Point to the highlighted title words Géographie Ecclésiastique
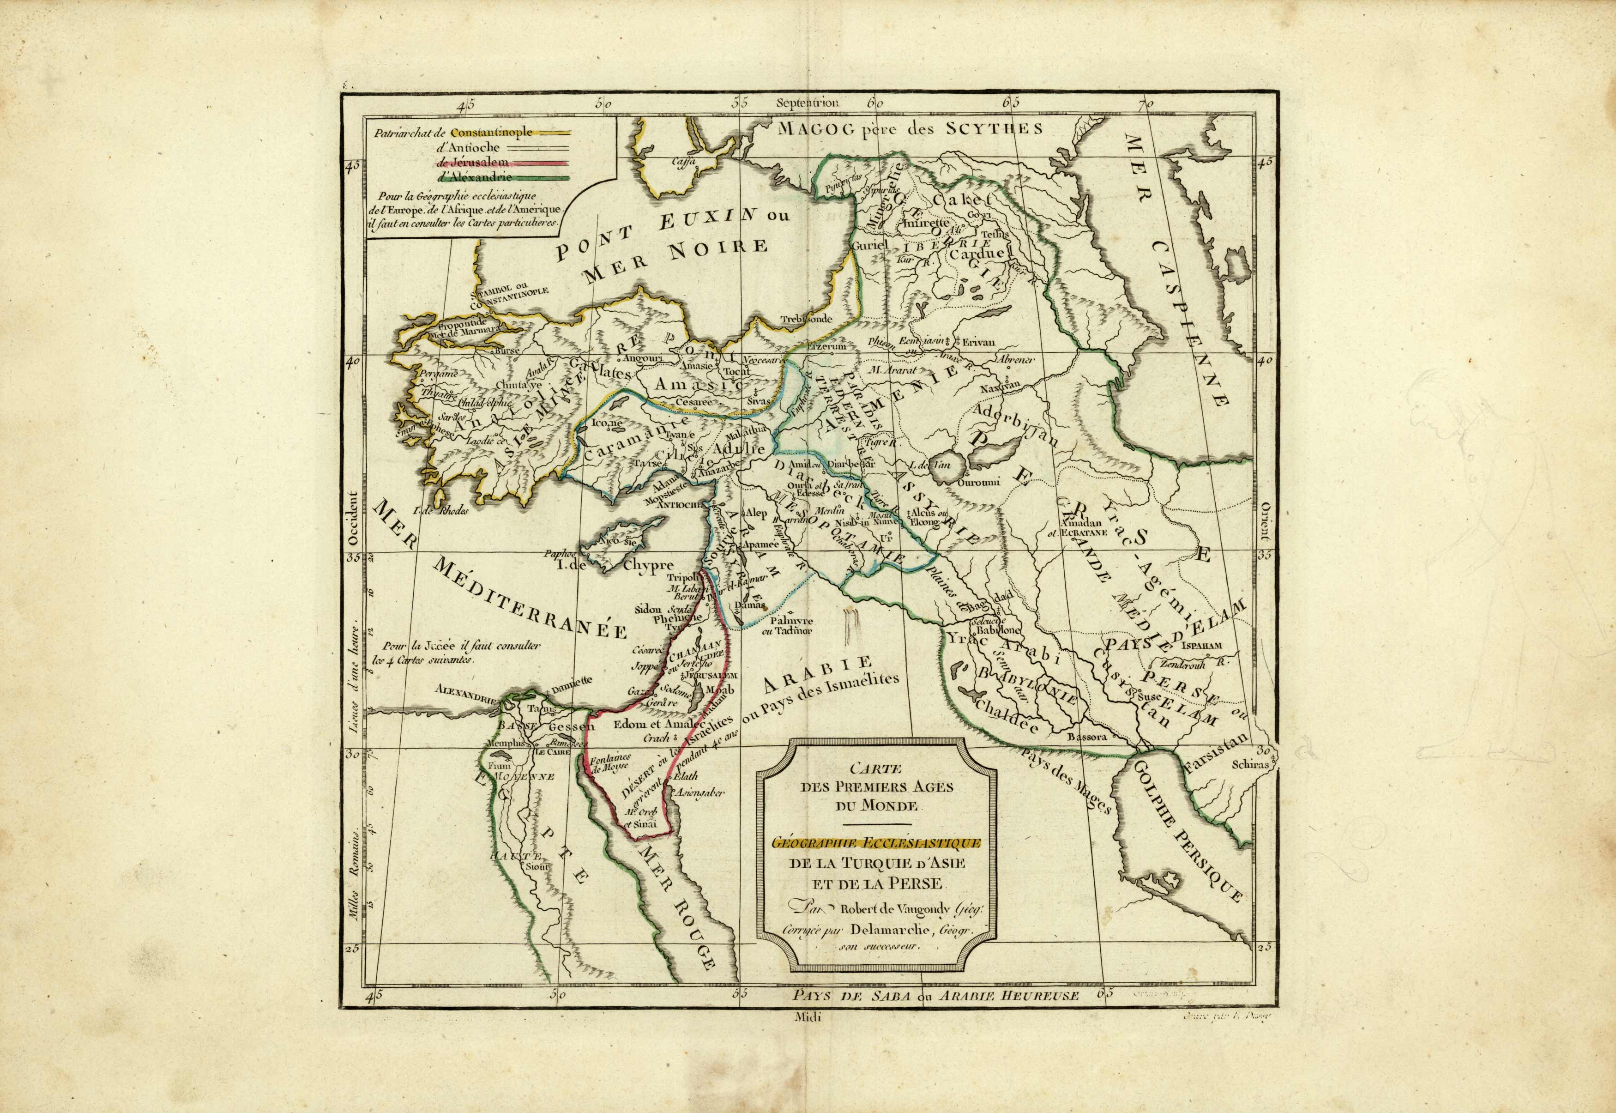tap(875, 844)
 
